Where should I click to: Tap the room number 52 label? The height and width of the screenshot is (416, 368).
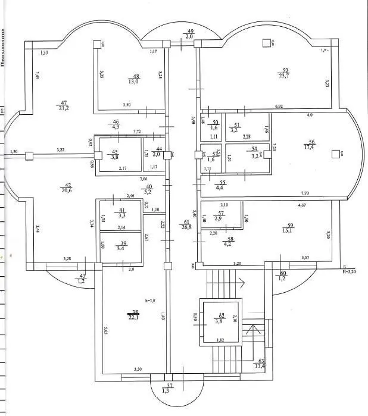(x=285, y=70)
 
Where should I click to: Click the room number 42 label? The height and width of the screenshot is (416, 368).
(x=67, y=185)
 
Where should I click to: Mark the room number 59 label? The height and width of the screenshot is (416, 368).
(x=291, y=224)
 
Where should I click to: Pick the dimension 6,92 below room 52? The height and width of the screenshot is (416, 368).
(x=278, y=106)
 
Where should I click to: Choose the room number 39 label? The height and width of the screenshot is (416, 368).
(x=123, y=244)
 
